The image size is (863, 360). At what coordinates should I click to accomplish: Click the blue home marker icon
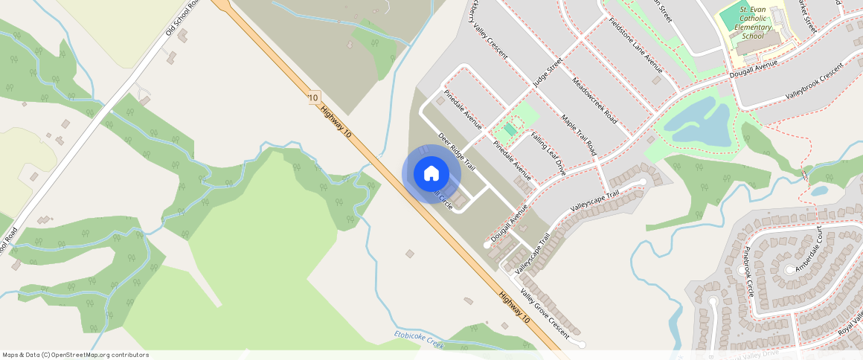pos(431,173)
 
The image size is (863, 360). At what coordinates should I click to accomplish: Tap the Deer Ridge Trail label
pos(457,152)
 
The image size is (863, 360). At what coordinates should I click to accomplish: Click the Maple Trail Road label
pos(579,135)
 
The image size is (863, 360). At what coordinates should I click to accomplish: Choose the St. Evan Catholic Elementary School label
pos(752,22)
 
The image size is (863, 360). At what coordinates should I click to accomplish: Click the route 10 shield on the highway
pos(313,97)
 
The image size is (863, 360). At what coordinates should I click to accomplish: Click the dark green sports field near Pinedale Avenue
pos(510,130)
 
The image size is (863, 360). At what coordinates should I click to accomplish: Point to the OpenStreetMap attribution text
pos(75,355)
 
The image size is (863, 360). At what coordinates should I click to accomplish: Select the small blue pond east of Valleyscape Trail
pos(819,190)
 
